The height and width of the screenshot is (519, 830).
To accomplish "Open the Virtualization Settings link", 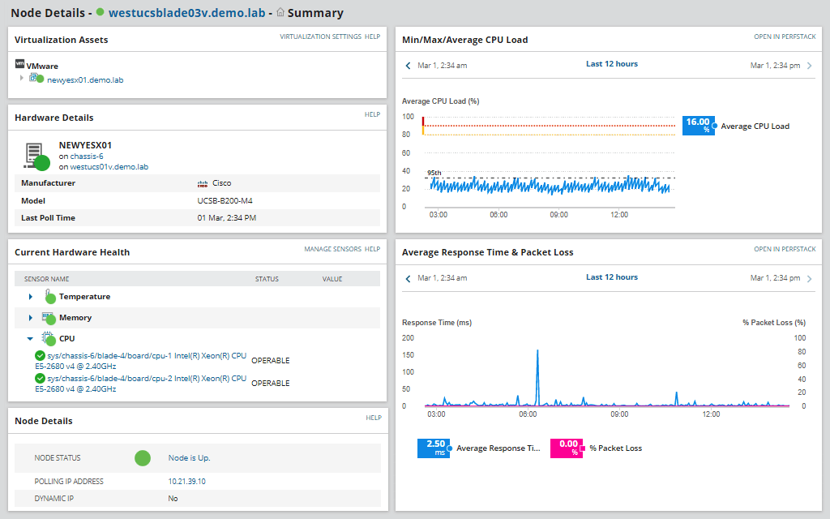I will tap(320, 36).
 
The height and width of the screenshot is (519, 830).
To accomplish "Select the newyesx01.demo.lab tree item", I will tap(84, 79).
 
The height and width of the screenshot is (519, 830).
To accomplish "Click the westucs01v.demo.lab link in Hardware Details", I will tap(109, 166).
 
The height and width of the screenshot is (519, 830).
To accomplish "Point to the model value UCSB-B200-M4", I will tap(225, 200).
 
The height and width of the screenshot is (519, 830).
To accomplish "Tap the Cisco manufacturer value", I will tap(221, 183).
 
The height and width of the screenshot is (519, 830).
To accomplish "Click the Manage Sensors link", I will tap(332, 249).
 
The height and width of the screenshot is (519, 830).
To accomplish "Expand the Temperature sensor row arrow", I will tap(31, 297).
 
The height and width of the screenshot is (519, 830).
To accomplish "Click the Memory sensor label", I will tap(75, 318).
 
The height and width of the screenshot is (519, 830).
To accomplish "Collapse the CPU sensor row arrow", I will tap(31, 339).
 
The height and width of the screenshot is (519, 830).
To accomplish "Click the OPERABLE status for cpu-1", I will tap(270, 361).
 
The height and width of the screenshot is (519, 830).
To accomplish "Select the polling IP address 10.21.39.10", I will tap(186, 481).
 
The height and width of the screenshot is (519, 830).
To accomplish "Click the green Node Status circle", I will tap(143, 458).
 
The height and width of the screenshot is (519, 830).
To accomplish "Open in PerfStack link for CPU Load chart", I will tap(785, 36).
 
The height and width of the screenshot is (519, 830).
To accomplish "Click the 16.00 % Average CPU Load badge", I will tap(697, 126).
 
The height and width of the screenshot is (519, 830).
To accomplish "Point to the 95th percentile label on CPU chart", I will tap(434, 173).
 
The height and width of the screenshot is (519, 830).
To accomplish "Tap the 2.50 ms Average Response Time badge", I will tap(433, 448).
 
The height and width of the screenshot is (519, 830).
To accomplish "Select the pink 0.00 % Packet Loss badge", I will tap(566, 448).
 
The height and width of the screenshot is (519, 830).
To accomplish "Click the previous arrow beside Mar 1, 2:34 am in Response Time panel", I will tap(409, 279).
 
